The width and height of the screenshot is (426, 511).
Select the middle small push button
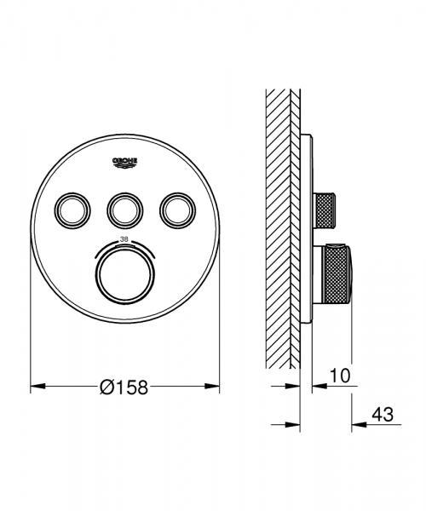pos(124,207)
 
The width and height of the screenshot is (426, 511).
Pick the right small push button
pos(177,207)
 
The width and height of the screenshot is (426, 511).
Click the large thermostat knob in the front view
pos(124,270)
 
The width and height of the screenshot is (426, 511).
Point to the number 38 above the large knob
pos(124,238)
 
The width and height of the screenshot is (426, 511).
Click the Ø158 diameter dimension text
pos(124,388)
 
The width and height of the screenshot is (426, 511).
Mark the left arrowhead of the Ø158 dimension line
pos(36,387)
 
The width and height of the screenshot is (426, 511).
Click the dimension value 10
pos(339,376)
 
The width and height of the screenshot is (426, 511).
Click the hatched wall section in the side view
pos(279,230)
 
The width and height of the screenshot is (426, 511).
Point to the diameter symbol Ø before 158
pos(106,388)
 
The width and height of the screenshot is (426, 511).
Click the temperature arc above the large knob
pos(124,245)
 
